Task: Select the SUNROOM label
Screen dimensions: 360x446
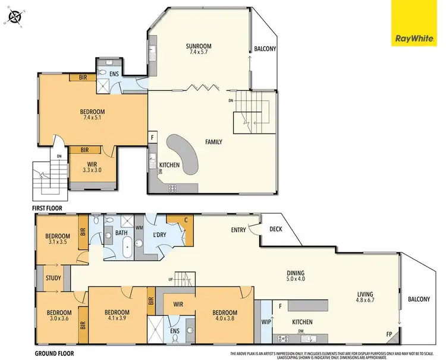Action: click(199, 46)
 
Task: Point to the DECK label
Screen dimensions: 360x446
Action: click(276, 228)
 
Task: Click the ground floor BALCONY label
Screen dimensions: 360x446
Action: click(419, 299)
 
